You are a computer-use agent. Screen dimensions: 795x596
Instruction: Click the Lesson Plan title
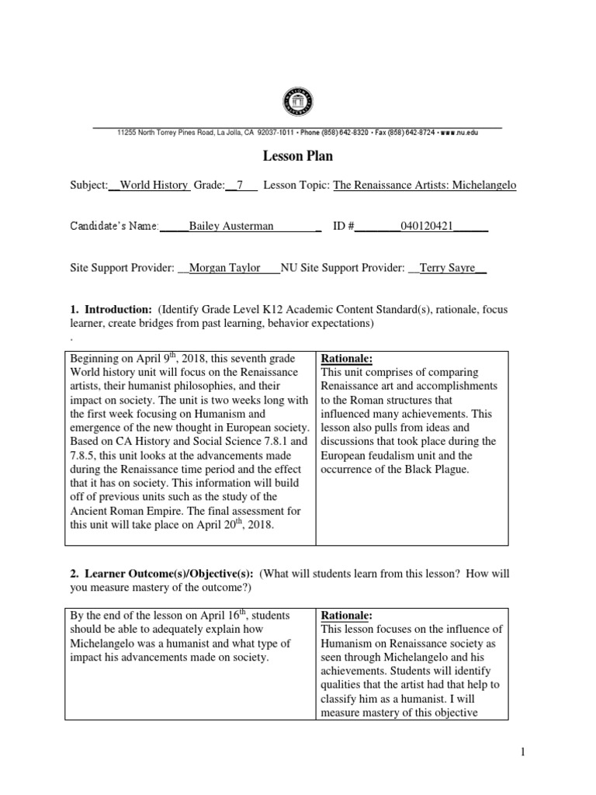297,156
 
